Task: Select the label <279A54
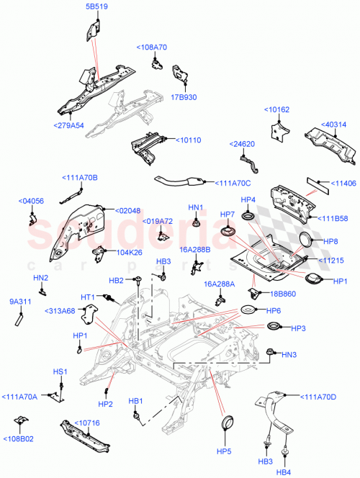pos(68,125)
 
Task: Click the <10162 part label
pos(278,111)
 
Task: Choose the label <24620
pos(242,143)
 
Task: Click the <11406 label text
pos(344,184)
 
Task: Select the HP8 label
pos(331,242)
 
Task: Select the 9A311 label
pos(19,302)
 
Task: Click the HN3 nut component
pos(271,352)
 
